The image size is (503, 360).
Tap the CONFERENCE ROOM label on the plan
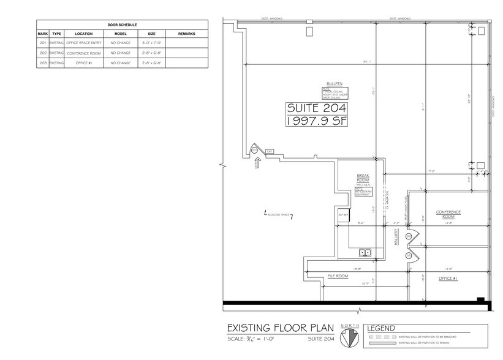point(448,214)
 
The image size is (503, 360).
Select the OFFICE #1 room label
point(448,279)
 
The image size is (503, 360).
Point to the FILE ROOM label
point(338,276)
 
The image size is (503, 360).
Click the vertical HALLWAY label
point(396,239)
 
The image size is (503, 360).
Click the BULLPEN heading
point(333,85)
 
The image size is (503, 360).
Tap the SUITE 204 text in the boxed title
point(317,108)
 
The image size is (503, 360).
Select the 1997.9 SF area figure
point(317,121)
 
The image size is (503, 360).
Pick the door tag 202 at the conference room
point(407,236)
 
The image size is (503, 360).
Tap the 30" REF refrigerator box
point(342,215)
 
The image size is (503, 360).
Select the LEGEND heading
point(382,329)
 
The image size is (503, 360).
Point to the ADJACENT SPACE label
point(278,214)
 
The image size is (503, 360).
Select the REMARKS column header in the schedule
point(186,34)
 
